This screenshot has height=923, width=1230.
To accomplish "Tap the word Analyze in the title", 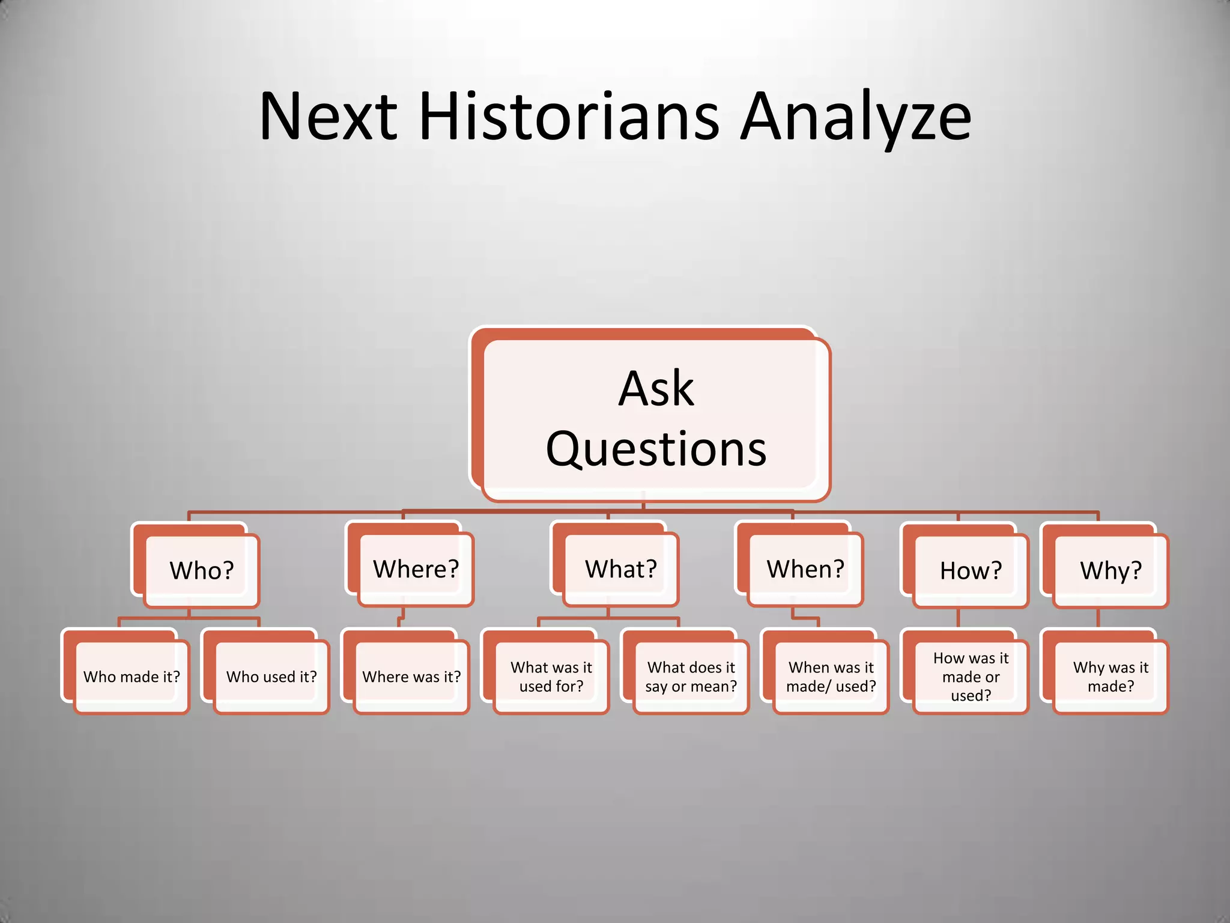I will [855, 117].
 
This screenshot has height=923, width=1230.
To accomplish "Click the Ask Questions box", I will [656, 419].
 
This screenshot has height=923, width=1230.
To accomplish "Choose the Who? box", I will [202, 570].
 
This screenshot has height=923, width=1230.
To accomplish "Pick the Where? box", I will [416, 569].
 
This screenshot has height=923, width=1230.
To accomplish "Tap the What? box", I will [621, 569].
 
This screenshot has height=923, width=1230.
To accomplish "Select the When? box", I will [805, 569].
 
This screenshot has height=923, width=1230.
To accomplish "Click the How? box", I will [971, 570].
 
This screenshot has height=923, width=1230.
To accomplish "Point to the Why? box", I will [1110, 570].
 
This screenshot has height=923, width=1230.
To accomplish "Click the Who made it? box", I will [132, 677].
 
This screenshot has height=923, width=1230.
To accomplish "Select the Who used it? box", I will [271, 677].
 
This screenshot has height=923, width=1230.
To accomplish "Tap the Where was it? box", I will [411, 677].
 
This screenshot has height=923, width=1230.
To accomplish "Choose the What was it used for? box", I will [551, 677].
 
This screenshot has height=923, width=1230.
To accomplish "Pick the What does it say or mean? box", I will [691, 677].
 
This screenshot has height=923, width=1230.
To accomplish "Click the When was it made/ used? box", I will [831, 677].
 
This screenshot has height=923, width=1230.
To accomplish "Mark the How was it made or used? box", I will [971, 677].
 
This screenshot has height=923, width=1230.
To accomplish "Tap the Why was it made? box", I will [1110, 677].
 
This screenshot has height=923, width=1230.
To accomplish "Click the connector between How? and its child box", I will [958, 619].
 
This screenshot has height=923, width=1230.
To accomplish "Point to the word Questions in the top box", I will [656, 449].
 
